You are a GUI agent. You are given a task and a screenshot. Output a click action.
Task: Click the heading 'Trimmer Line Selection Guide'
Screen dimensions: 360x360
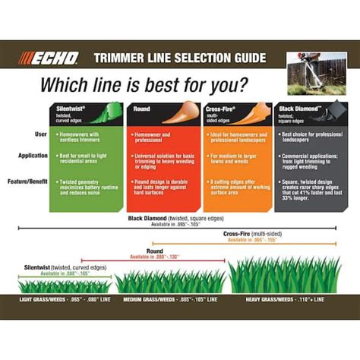pyautogui.click(x=179, y=58)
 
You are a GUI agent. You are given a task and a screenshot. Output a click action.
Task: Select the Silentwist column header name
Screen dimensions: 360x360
pyautogui.click(x=71, y=109)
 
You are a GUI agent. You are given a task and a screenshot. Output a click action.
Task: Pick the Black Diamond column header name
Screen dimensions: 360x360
pyautogui.click(x=295, y=109)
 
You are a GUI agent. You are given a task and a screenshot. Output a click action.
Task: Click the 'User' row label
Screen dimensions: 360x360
pyautogui.click(x=39, y=134)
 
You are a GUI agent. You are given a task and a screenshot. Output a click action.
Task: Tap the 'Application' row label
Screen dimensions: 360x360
pyautogui.click(x=33, y=155)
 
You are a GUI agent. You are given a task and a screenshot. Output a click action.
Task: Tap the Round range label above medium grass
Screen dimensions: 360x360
pyautogui.click(x=155, y=250)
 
